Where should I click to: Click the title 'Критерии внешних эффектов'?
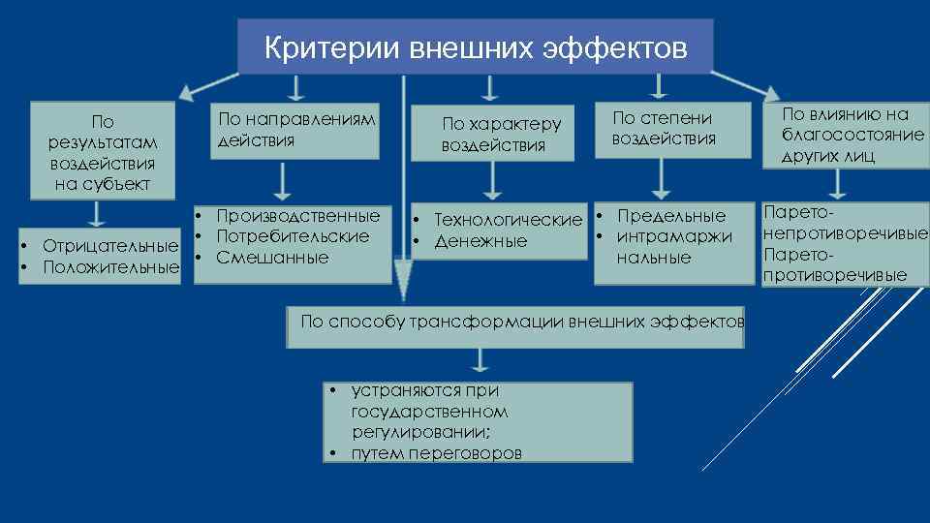(475, 46)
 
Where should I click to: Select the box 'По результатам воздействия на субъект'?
(102, 153)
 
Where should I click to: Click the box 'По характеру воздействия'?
(501, 135)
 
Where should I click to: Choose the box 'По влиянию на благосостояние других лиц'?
(852, 135)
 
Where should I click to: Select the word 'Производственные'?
(297, 215)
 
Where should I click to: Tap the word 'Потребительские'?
(293, 236)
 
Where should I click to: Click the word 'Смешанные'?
(272, 258)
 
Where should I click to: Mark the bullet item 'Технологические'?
(508, 220)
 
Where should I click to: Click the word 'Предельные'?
(670, 215)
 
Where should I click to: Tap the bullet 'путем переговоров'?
(436, 452)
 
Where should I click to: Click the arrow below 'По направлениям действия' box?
(283, 182)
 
